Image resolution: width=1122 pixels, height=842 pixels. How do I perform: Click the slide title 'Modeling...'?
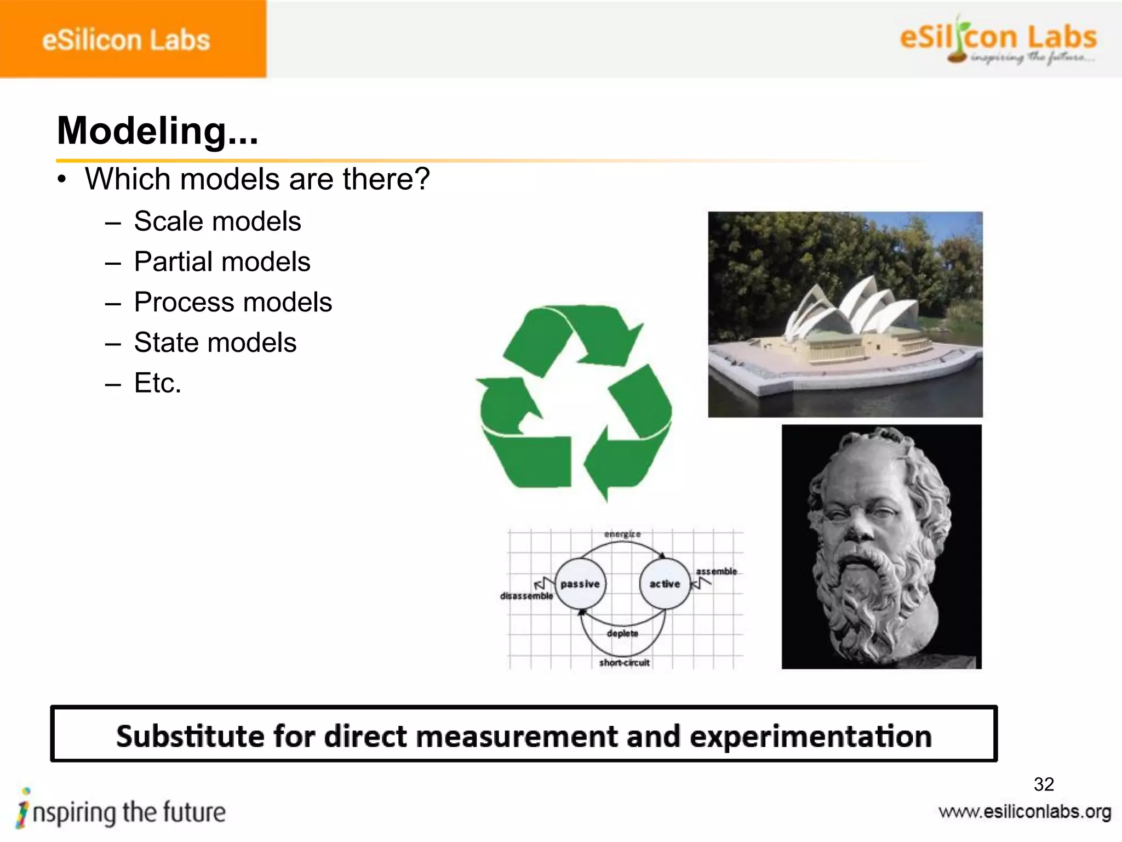coord(157,131)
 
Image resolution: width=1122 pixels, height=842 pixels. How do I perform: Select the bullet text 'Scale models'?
coord(217,221)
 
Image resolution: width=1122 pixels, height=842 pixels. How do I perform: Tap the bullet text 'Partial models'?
coord(222,261)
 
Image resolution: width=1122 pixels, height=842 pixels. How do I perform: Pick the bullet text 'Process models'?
coord(233,302)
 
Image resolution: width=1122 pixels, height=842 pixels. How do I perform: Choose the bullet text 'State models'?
coord(215,343)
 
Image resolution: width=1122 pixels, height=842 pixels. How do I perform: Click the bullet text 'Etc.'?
coord(158,383)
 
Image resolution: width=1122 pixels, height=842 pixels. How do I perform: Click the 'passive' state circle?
coord(580,584)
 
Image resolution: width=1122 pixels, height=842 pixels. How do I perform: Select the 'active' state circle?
coord(665,584)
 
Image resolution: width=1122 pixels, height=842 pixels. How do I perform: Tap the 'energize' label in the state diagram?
coord(622,534)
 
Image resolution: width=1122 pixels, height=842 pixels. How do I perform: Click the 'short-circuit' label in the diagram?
coord(624,663)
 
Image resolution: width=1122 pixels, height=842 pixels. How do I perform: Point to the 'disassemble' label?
coord(526,596)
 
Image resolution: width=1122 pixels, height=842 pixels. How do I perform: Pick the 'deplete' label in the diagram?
coord(622,634)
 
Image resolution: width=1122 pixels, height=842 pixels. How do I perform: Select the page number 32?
coord(1044,784)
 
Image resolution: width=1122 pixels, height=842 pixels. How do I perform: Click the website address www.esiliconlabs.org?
coord(1024,812)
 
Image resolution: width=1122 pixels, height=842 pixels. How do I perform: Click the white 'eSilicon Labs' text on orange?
coord(126,41)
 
